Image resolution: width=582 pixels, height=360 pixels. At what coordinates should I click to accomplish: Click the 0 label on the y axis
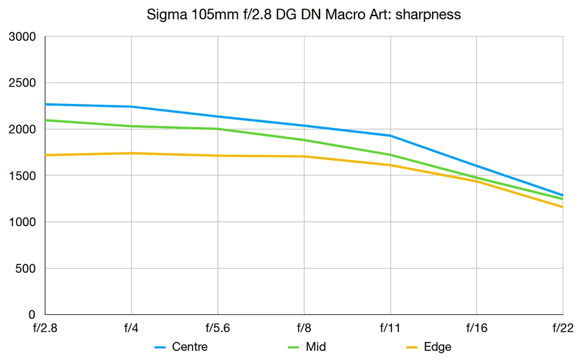32,315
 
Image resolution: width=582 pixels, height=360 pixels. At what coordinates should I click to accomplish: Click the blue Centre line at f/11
391,136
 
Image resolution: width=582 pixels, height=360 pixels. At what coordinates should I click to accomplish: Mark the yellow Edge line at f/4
131,153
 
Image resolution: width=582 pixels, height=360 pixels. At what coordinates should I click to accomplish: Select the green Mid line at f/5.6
218,129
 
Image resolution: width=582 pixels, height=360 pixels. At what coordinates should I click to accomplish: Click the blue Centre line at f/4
131,107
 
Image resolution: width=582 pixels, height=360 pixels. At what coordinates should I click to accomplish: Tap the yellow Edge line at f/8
304,156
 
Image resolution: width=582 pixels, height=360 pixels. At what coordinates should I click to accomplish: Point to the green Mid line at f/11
391,154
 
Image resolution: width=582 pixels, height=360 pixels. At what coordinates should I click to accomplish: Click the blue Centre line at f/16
477,166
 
